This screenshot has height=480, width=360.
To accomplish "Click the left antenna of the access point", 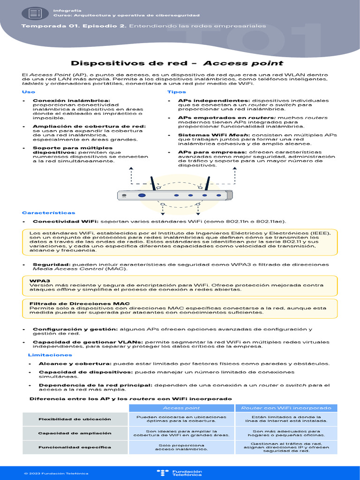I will click(152, 183).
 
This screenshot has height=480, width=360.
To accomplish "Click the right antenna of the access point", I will click(206, 183).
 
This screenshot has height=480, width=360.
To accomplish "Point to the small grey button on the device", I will click(124, 195).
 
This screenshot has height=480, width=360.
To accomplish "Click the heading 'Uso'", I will click(29, 92).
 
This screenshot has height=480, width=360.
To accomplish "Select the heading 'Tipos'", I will click(177, 92).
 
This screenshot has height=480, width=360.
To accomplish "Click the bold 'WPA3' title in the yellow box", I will click(37, 280).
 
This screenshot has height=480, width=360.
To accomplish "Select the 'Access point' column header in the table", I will click(181, 408).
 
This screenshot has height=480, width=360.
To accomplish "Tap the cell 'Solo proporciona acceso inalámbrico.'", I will click(181, 447).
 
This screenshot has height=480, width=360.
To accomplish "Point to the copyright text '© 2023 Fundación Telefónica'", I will click(56, 473).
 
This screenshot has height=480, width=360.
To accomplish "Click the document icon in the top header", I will click(35, 13).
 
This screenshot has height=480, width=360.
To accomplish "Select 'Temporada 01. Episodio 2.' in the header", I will click(74, 26).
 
